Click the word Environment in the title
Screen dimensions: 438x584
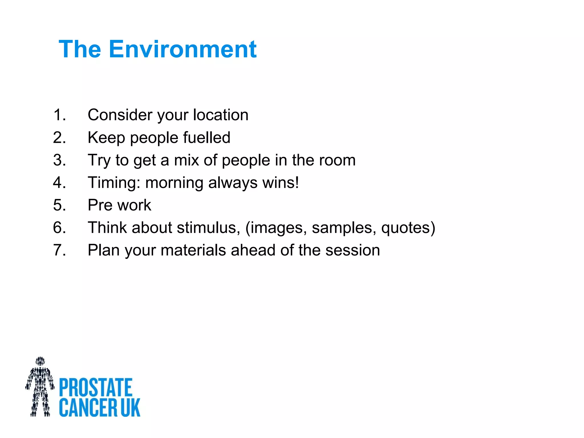[182, 49]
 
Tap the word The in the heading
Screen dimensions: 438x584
[80, 49]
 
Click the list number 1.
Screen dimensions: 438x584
[59, 115]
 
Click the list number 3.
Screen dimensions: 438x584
[59, 160]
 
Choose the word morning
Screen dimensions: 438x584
[174, 183]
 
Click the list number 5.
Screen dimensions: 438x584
[59, 205]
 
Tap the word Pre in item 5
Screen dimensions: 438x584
[100, 205]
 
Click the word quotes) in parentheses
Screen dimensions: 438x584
[408, 228]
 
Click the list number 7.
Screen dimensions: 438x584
[59, 250]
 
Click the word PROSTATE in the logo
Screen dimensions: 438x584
[96, 388]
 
